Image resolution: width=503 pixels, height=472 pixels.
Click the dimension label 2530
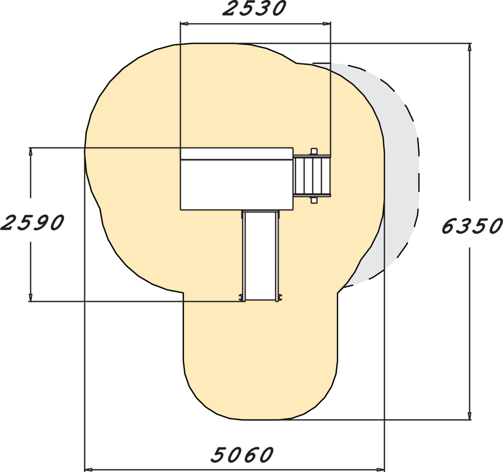[254, 8]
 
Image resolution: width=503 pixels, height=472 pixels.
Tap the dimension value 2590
[32, 222]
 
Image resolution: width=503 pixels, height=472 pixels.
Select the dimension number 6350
[472, 226]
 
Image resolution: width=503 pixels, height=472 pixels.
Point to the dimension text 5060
[242, 454]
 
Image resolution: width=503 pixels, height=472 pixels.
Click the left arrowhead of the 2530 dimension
[184, 24]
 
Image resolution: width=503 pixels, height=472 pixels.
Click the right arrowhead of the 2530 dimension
[327, 24]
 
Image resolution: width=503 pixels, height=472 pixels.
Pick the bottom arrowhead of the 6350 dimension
[469, 416]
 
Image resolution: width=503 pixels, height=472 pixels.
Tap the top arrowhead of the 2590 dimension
[31, 152]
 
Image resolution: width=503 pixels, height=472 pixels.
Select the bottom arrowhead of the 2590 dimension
[31, 297]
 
